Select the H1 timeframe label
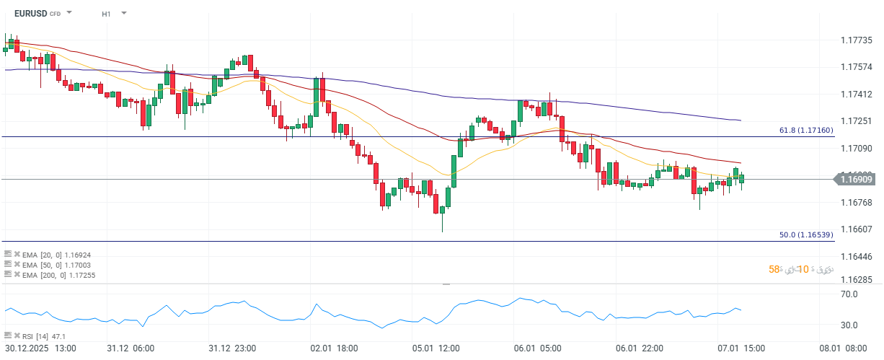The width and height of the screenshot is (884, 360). (x=107, y=14)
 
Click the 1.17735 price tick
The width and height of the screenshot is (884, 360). (x=857, y=40)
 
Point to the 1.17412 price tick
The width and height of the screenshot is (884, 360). (x=857, y=95)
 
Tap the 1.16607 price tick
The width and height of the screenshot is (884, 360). (x=857, y=229)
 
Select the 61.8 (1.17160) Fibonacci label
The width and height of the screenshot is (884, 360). (x=806, y=131)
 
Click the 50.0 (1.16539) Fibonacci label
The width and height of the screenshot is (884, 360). (x=806, y=235)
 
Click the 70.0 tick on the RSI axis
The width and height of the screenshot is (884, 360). (x=848, y=294)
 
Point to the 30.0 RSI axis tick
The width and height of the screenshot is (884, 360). (x=848, y=325)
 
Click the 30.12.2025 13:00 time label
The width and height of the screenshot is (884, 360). (x=39, y=348)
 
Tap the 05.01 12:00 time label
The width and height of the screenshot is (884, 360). (x=437, y=348)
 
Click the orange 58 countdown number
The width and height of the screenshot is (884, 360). (x=774, y=269)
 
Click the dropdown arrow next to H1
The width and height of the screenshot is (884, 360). (x=124, y=13)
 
